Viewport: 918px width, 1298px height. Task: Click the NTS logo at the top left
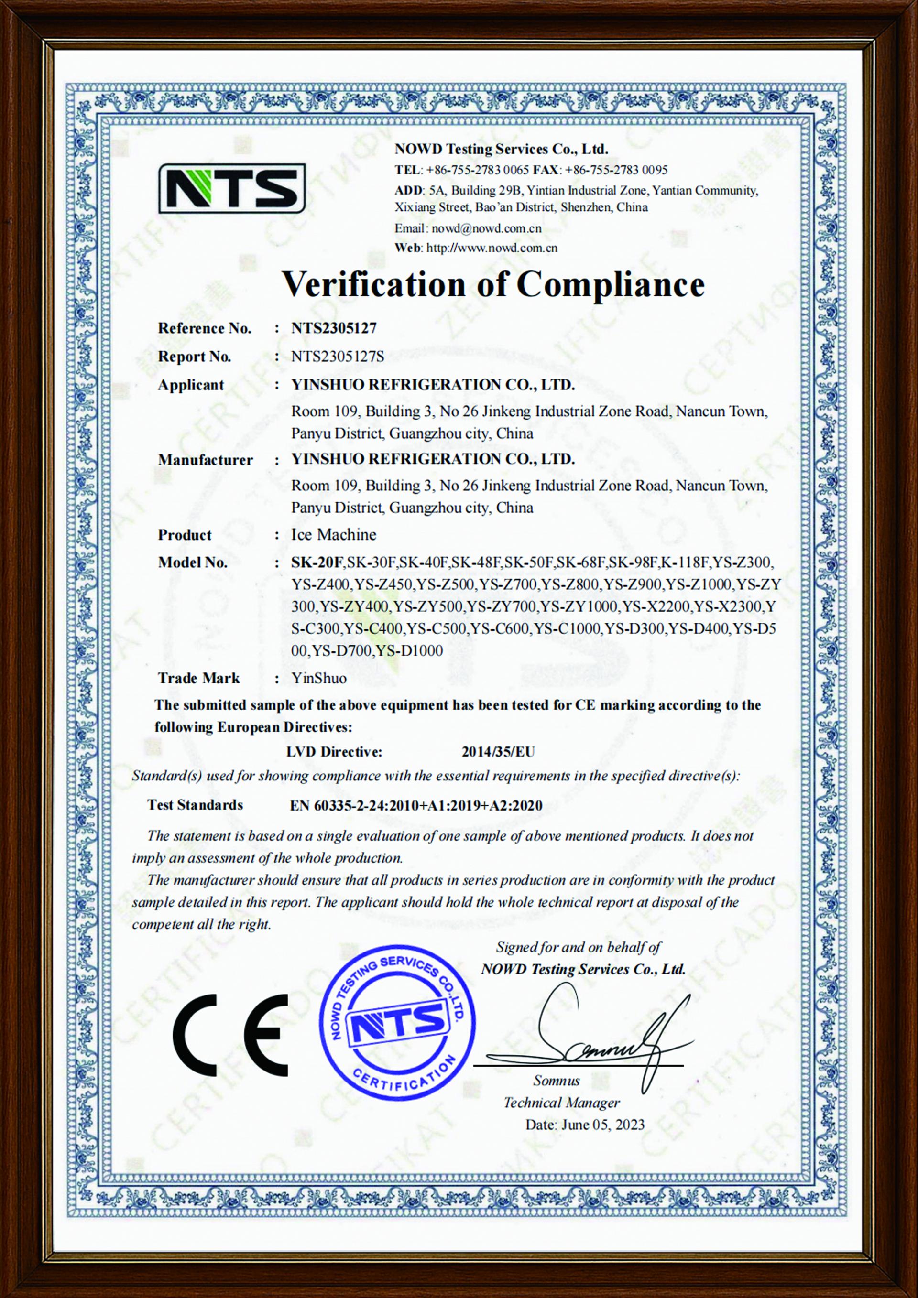pyautogui.click(x=231, y=188)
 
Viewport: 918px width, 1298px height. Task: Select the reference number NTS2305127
pyautogui.click(x=334, y=328)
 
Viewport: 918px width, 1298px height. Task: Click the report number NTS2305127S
pyautogui.click(x=337, y=357)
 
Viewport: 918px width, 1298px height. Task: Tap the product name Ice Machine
pyautogui.click(x=333, y=535)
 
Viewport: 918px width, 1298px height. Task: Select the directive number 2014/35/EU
pyautogui.click(x=498, y=752)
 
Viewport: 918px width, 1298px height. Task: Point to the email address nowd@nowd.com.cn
pyautogui.click(x=486, y=228)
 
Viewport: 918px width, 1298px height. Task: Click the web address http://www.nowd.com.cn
pyautogui.click(x=492, y=248)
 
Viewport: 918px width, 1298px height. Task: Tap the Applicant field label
pyautogui.click(x=191, y=385)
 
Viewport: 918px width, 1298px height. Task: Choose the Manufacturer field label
pyautogui.click(x=205, y=460)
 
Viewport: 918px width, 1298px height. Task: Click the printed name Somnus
pyautogui.click(x=556, y=1081)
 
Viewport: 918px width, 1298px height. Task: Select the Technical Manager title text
pyautogui.click(x=561, y=1103)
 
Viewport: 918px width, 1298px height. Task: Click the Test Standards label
pyautogui.click(x=195, y=805)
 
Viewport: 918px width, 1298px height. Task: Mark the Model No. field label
pyautogui.click(x=192, y=562)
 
